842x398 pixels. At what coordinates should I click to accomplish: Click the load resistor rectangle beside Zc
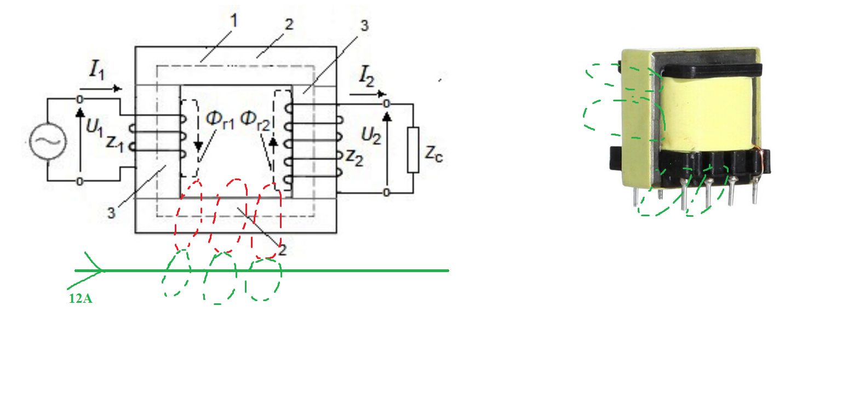(413, 150)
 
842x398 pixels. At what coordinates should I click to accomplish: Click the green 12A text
(80, 298)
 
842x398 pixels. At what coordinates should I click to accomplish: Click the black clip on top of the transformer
(713, 70)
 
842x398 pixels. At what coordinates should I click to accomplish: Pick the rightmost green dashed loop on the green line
(264, 280)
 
